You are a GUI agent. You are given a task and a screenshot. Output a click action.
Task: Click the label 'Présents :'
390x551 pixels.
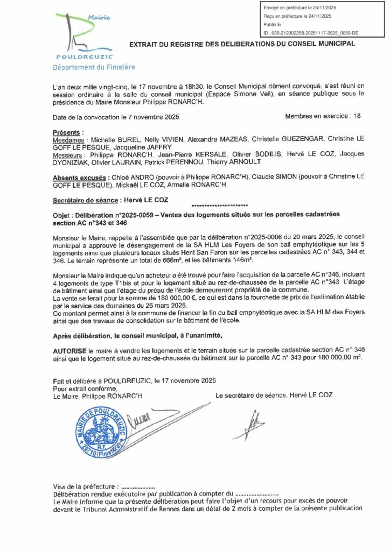[x=68, y=132]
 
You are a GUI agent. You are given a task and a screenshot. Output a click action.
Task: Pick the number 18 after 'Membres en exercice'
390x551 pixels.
[x=356, y=116]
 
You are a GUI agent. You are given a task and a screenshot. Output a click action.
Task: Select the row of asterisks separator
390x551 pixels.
[x=219, y=207]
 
